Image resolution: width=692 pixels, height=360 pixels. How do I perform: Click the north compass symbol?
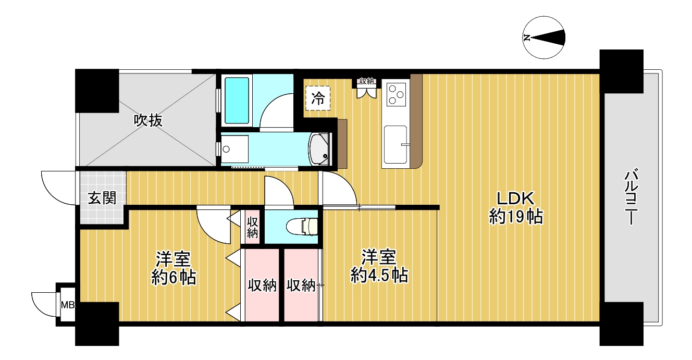click(543, 38)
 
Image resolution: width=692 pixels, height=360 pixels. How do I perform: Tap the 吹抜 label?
click(148, 120)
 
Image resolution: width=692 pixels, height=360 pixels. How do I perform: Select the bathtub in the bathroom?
click(237, 101)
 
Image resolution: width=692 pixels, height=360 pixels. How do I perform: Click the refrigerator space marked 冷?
click(318, 98)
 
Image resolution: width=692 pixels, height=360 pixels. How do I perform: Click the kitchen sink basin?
click(395, 144)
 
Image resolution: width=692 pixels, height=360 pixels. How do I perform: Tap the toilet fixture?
click(302, 227)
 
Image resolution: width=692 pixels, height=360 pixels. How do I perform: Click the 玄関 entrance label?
click(102, 198)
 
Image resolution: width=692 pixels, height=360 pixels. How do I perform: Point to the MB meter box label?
click(68, 305)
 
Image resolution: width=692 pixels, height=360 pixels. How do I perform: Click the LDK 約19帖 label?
click(515, 207)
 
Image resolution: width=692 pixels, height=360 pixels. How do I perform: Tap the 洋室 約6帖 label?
click(174, 268)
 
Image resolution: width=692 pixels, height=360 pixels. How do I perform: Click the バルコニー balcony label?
click(632, 197)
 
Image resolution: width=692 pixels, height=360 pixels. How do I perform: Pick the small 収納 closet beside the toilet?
click(252, 228)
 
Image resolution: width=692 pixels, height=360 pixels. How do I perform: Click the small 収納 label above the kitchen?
click(367, 81)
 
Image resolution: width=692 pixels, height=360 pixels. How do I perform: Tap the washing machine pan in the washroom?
click(235, 149)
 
